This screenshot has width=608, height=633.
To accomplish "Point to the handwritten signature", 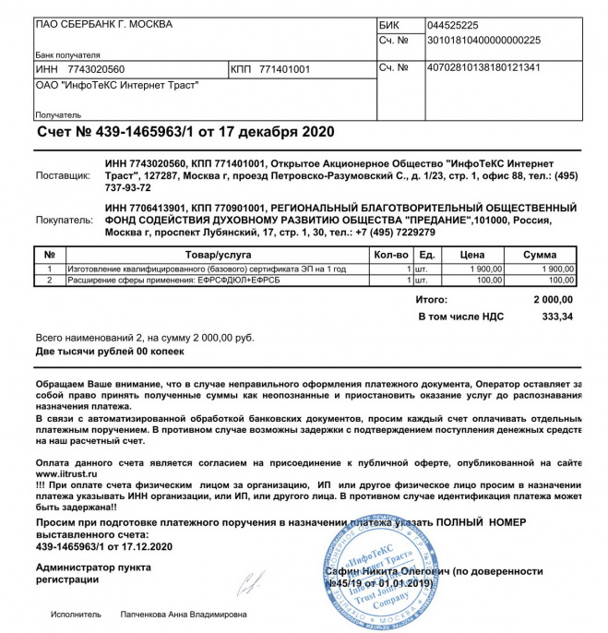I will click(248, 582).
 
